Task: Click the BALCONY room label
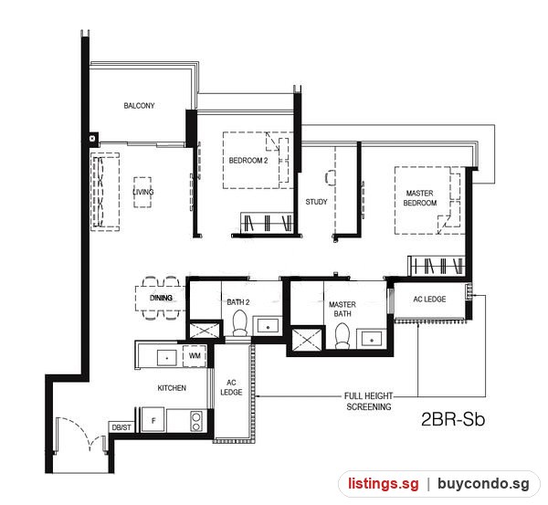(x=139, y=106)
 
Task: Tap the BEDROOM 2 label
(x=248, y=161)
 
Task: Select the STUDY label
(x=316, y=202)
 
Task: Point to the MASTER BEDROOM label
(x=420, y=198)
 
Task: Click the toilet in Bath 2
(x=239, y=323)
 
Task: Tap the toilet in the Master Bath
(x=342, y=335)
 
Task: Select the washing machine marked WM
(x=195, y=356)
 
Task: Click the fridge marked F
(x=153, y=420)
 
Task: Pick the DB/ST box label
(x=121, y=427)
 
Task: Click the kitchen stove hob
(x=196, y=422)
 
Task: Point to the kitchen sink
(x=167, y=358)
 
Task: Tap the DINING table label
(x=161, y=298)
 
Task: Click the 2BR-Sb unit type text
(x=453, y=419)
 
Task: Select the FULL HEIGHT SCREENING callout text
(x=369, y=401)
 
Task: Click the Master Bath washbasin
(x=372, y=340)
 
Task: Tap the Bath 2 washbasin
(x=268, y=327)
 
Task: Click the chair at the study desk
(x=330, y=177)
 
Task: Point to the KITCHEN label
(x=172, y=388)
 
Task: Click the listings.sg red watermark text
(x=383, y=484)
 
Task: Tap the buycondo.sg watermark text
(x=483, y=484)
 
